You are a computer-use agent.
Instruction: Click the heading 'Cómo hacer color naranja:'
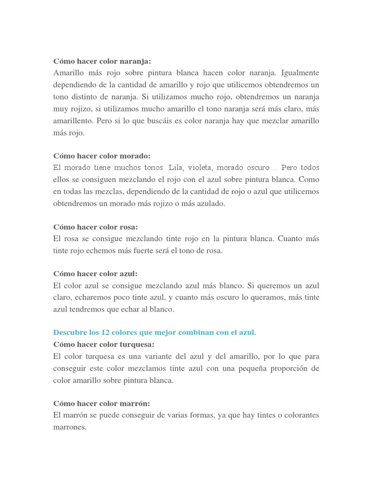102,61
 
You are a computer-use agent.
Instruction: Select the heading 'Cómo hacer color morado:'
102,156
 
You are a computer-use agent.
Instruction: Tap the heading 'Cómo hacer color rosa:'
96,227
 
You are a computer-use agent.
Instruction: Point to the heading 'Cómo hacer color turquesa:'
103,344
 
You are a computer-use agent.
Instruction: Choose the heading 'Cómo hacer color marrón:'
102,403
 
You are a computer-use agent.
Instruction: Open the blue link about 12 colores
153,332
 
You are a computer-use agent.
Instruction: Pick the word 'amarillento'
73,120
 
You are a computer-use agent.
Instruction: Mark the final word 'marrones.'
70,427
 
